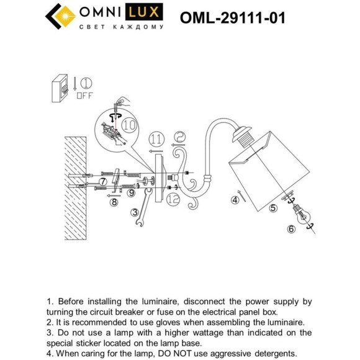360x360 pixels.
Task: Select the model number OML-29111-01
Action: click(232, 17)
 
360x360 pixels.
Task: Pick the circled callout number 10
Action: click(129, 125)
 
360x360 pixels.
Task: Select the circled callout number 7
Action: click(103, 181)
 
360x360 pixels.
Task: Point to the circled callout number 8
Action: click(114, 202)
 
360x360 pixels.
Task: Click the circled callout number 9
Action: click(131, 193)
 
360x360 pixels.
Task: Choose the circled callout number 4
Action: click(235, 200)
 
